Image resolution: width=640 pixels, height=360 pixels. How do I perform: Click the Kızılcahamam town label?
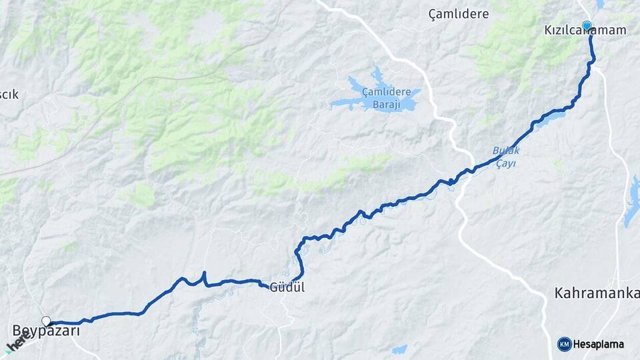tap(585, 31)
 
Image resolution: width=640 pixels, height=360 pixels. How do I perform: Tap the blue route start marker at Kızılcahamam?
tap(587, 26)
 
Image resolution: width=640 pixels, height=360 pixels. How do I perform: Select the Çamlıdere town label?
tap(459, 13)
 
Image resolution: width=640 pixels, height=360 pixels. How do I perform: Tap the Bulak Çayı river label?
tap(506, 156)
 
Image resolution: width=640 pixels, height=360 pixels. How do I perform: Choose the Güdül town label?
tap(287, 288)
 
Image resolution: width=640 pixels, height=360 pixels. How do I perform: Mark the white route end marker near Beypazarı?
tap(46, 321)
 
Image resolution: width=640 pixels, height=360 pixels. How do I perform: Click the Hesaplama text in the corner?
tap(599, 344)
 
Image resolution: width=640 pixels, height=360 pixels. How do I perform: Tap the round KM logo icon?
tap(564, 344)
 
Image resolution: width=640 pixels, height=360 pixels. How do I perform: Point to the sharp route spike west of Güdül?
tap(204, 275)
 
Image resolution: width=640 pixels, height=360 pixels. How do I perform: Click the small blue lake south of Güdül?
tap(399, 349)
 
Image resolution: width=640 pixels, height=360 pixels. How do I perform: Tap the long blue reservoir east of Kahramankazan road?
tap(631, 202)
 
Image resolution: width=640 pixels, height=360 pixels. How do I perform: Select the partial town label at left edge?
tap(9, 94)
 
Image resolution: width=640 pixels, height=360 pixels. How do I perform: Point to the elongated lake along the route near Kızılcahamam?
tap(549, 119)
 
